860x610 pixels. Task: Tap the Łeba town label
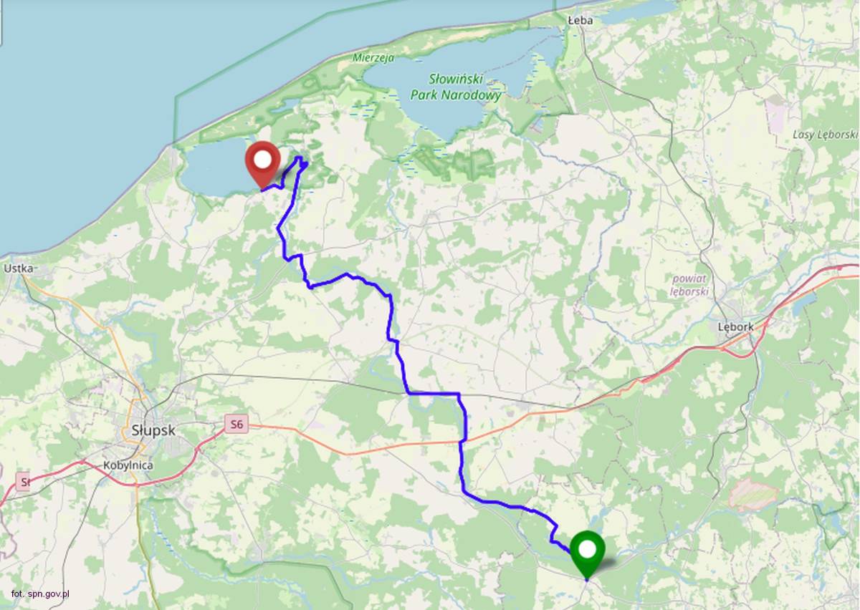(580, 21)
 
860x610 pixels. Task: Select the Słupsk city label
(153, 430)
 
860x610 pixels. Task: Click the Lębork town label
(735, 326)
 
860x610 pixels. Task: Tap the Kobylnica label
(128, 464)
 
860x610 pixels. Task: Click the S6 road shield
(236, 425)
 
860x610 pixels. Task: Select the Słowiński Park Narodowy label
(456, 87)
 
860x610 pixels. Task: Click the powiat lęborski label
(689, 285)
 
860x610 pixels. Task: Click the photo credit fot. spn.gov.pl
(40, 594)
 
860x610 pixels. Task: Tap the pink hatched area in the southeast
(753, 495)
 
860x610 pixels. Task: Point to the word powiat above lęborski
(689, 279)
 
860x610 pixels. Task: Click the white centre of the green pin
(588, 549)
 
